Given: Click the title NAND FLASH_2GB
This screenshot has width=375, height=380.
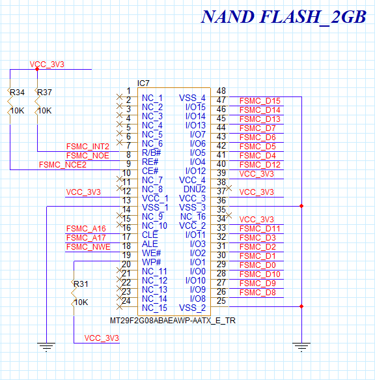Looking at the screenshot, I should [x=283, y=17].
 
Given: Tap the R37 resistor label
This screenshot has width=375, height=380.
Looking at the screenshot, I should [x=44, y=93].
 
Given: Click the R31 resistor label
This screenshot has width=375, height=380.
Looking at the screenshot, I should [x=81, y=284].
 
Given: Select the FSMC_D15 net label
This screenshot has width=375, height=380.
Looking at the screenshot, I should [x=260, y=101].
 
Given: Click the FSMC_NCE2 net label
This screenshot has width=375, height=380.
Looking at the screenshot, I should [x=62, y=165].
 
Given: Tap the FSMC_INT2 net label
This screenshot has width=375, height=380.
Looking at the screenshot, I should [x=87, y=147].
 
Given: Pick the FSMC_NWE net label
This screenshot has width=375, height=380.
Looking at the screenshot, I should [x=88, y=247].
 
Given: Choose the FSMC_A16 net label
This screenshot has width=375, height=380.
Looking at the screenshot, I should [x=86, y=229].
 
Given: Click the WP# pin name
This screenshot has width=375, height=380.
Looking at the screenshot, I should [x=151, y=262].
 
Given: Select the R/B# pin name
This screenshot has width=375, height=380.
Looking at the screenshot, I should [x=151, y=153].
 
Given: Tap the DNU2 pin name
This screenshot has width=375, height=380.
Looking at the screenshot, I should [x=193, y=189].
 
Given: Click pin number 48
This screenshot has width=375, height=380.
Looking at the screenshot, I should [x=221, y=91].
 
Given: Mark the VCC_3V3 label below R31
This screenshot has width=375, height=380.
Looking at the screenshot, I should [x=102, y=338].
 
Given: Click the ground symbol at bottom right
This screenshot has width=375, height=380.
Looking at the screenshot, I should [x=301, y=347].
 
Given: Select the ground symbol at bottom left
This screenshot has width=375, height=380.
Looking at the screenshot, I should [x=46, y=347].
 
